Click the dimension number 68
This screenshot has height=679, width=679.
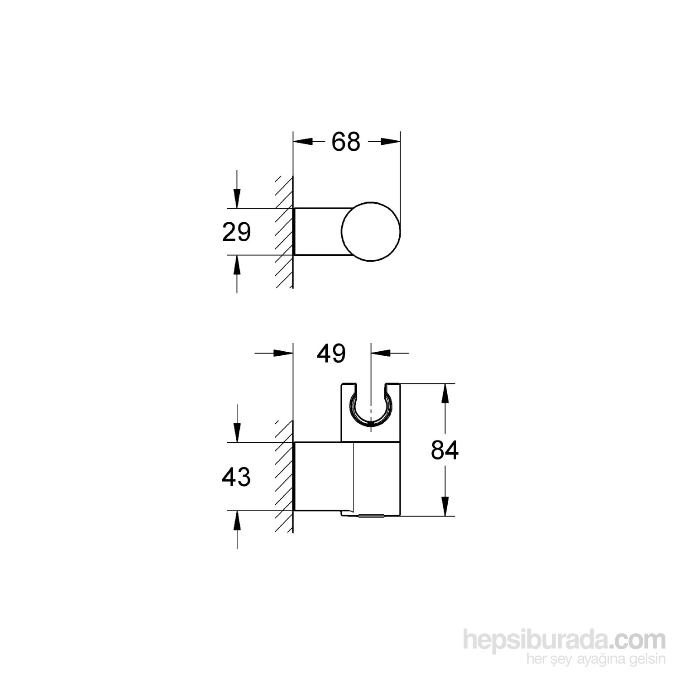346,142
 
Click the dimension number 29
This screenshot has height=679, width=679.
236,232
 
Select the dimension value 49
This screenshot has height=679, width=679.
331,353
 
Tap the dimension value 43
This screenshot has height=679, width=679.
236,477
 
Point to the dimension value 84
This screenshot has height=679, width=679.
445,450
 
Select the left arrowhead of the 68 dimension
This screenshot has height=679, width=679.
303,142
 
